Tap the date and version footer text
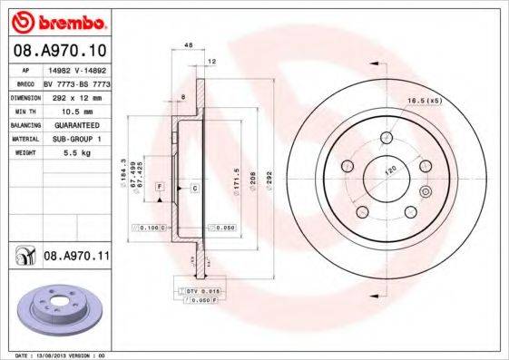click(x=68, y=355)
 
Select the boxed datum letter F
click(x=159, y=187)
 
